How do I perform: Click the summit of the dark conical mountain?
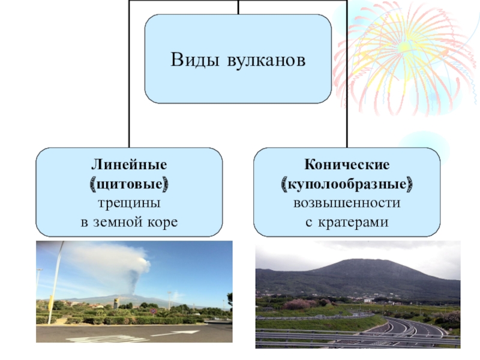tap(360, 261)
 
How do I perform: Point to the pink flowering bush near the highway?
tap(299, 304)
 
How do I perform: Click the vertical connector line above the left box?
tap(129, 120)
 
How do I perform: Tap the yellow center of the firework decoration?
tap(403, 47)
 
